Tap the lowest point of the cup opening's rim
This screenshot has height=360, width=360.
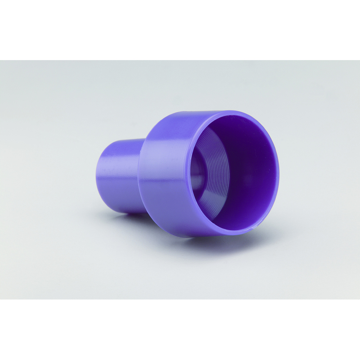(x=230, y=236)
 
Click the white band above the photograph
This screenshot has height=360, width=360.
(x=180, y=29)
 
